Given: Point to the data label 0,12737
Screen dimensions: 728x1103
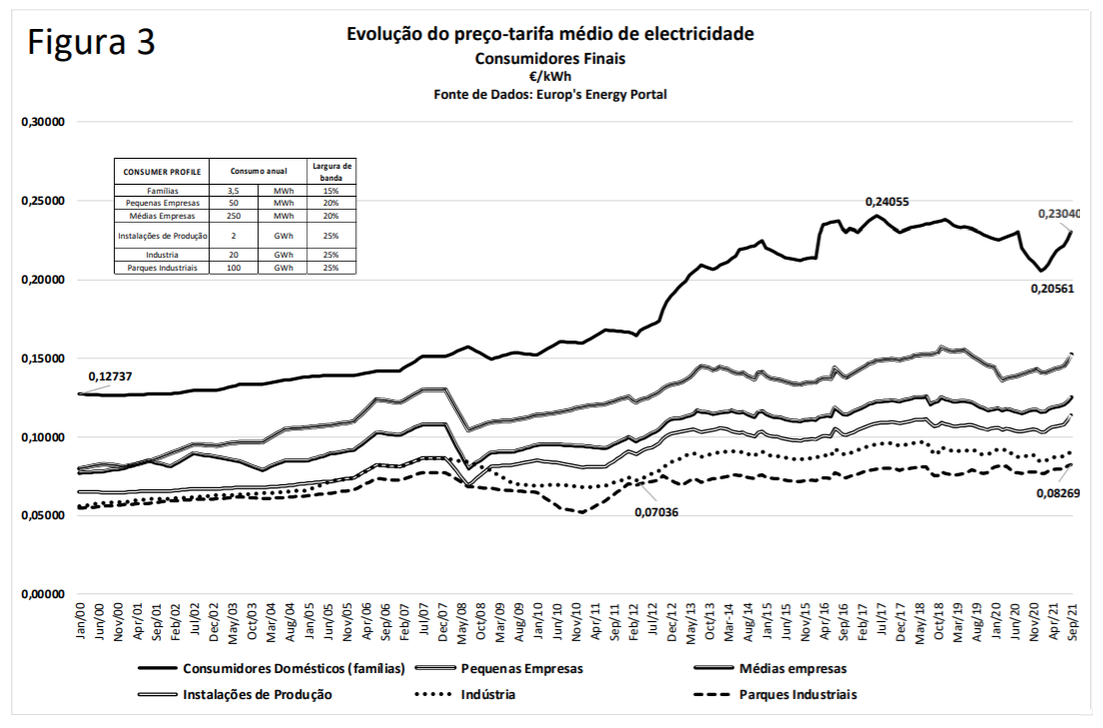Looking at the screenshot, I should pos(112,377).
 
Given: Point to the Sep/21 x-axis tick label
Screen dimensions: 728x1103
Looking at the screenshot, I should pos(1074,623).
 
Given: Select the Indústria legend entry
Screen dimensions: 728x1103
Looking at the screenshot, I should pos(486,694).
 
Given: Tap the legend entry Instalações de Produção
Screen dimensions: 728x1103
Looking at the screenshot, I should pos(257,694).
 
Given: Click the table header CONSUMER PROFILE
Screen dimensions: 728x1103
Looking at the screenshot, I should pos(163,171).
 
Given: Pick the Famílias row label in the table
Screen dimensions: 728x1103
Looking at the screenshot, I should pos(163,191).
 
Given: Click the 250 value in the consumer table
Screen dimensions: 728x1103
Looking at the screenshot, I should pos(234,216).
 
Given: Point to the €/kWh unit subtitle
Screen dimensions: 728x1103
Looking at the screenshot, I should pos(550,76).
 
